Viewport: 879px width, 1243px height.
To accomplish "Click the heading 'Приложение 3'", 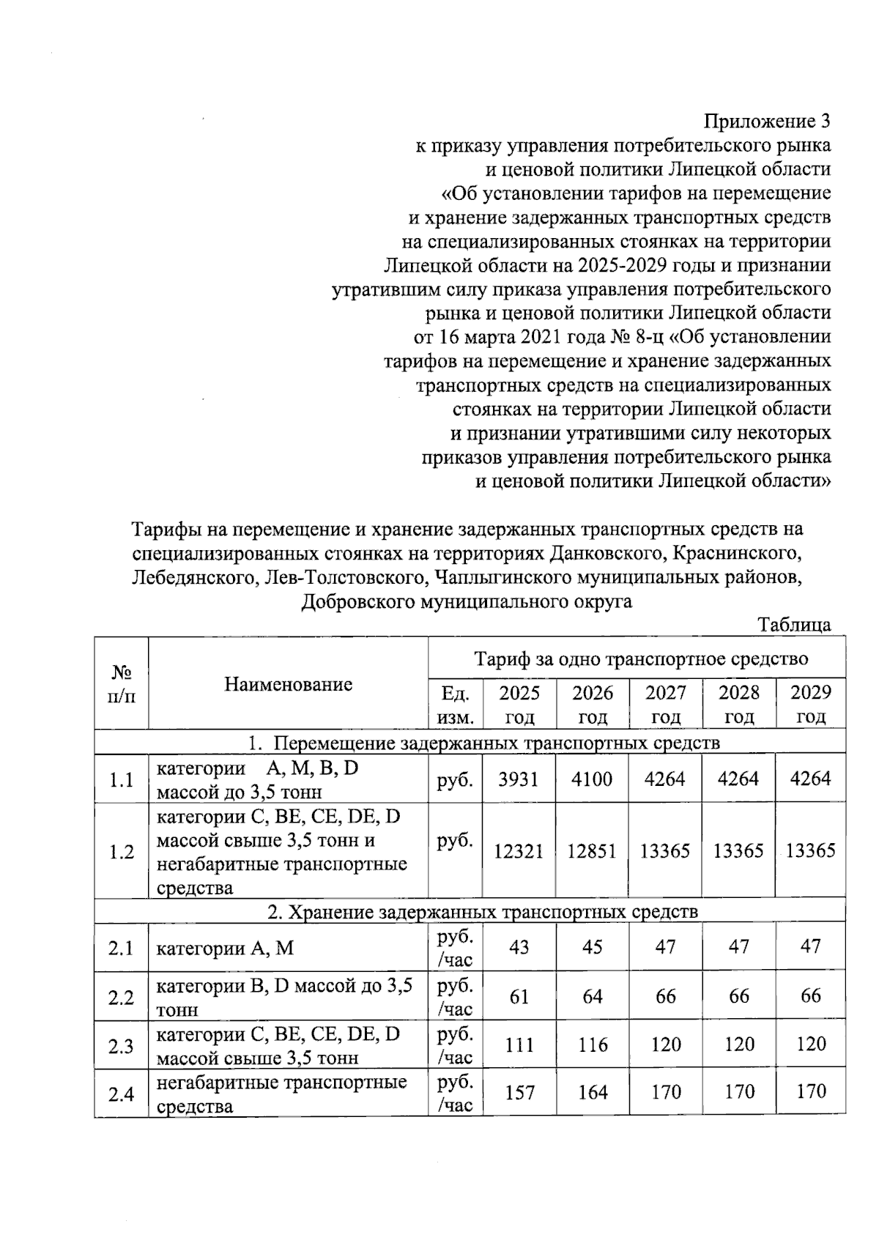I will (x=767, y=121).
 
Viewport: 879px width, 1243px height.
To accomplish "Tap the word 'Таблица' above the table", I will (x=794, y=625).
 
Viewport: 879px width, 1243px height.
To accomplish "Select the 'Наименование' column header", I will (x=288, y=684).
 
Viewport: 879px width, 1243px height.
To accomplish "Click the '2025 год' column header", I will (x=519, y=704).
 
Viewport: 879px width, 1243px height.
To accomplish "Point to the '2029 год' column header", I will (x=810, y=704).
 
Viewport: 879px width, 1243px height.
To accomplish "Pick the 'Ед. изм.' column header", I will (x=455, y=704).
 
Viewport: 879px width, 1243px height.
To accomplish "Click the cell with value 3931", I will (x=519, y=779).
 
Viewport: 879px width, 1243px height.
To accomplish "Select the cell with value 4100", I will (x=592, y=779).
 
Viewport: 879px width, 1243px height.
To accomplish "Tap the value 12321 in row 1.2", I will (x=519, y=851).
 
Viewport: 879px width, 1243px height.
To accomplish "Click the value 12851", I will (x=592, y=851).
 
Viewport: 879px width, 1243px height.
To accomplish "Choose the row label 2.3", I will (x=121, y=1046).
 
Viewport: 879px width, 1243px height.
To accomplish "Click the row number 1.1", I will (x=121, y=780).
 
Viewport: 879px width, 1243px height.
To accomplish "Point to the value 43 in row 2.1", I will (x=519, y=947).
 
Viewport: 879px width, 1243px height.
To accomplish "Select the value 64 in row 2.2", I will (x=592, y=996).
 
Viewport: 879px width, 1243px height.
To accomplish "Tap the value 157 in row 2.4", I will (x=519, y=1093).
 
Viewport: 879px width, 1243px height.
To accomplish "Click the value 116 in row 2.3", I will (x=592, y=1045).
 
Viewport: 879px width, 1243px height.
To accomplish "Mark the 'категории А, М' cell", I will (x=225, y=949).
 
